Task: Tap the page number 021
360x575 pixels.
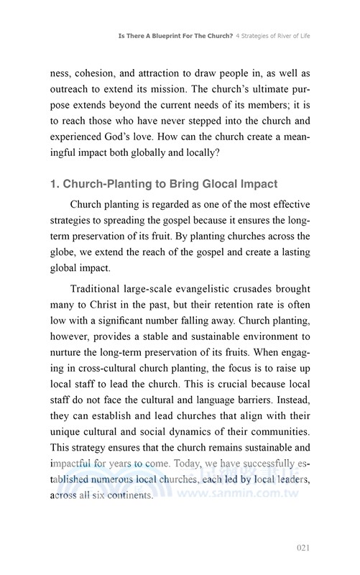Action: [x=303, y=548]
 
